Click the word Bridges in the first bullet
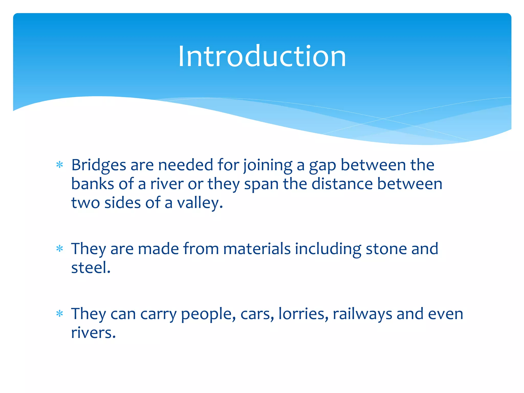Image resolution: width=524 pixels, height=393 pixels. click(99, 165)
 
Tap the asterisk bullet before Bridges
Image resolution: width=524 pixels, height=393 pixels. click(60, 165)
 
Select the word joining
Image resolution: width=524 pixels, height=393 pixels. click(268, 165)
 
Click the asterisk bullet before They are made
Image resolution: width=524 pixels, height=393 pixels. click(60, 248)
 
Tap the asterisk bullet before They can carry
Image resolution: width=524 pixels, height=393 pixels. click(60, 314)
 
